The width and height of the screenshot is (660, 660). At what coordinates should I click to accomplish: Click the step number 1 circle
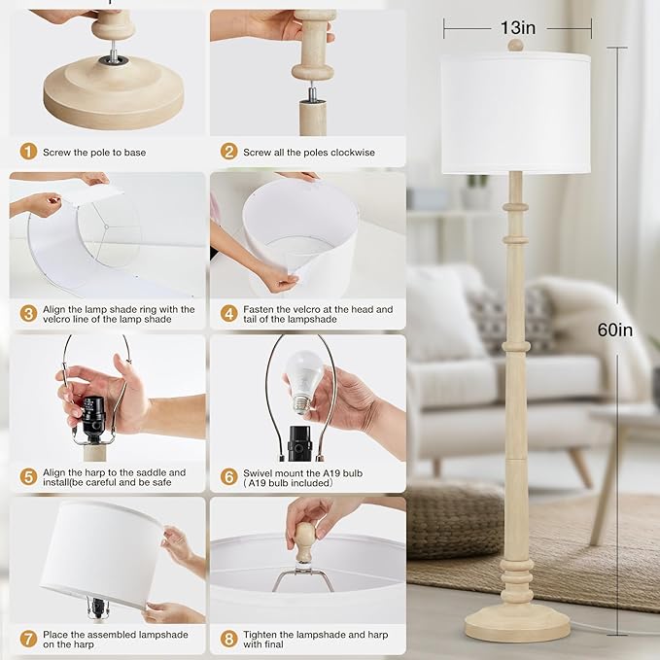click(x=28, y=152)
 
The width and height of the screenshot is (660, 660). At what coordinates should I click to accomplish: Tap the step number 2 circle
click(x=228, y=152)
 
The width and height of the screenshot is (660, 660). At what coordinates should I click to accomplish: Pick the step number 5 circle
click(x=28, y=476)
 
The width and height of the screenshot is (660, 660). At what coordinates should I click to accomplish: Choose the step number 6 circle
click(x=228, y=476)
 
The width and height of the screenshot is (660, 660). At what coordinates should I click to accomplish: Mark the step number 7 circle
click(x=28, y=639)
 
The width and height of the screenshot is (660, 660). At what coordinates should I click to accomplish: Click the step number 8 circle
click(x=228, y=639)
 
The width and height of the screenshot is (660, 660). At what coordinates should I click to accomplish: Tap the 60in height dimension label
click(x=614, y=330)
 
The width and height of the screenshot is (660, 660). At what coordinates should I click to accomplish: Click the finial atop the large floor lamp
click(x=515, y=45)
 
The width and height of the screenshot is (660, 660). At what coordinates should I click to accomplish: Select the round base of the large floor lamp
click(x=516, y=622)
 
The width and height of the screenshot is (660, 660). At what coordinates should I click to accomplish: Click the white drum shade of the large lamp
click(x=515, y=113)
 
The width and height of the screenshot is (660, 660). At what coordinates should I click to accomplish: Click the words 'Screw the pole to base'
click(x=94, y=153)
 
